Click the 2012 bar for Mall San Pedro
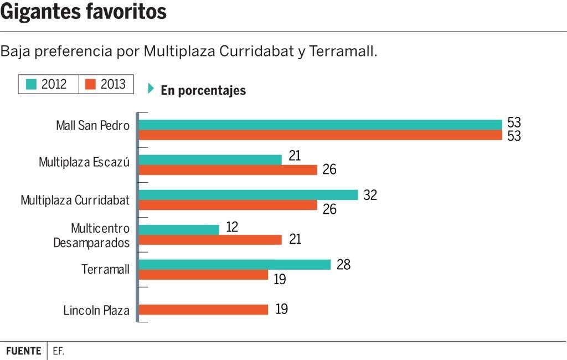tap(319, 125)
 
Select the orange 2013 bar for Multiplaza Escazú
tap(228, 170)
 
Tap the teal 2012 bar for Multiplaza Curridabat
tap(248, 195)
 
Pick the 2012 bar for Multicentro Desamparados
tap(178, 229)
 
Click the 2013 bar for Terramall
tap(203, 275)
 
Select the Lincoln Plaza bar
tap(203, 310)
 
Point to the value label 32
tap(370, 195)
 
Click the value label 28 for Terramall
tap(343, 265)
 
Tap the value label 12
tap(232, 227)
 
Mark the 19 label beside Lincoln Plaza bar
tap(281, 309)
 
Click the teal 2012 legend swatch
tap(31, 84)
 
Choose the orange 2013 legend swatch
tap(91, 84)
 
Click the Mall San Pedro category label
tap(92, 126)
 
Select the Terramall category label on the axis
tap(105, 270)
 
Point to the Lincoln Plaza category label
tap(96, 310)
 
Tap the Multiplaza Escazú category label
tap(84, 162)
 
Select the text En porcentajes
tap(203, 91)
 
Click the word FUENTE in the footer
tap(23, 351)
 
